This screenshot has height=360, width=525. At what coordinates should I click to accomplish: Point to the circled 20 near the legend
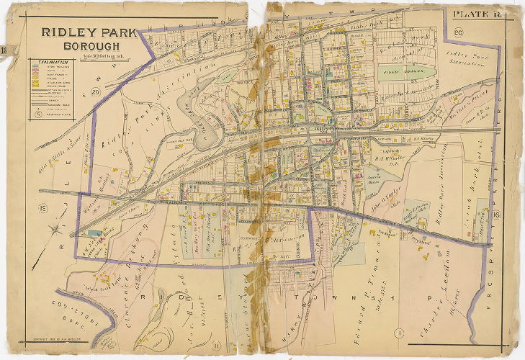[x=95, y=91]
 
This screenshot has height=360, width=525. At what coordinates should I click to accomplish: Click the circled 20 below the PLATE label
[x=458, y=32]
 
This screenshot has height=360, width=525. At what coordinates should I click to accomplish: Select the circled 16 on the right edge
[x=495, y=214]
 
